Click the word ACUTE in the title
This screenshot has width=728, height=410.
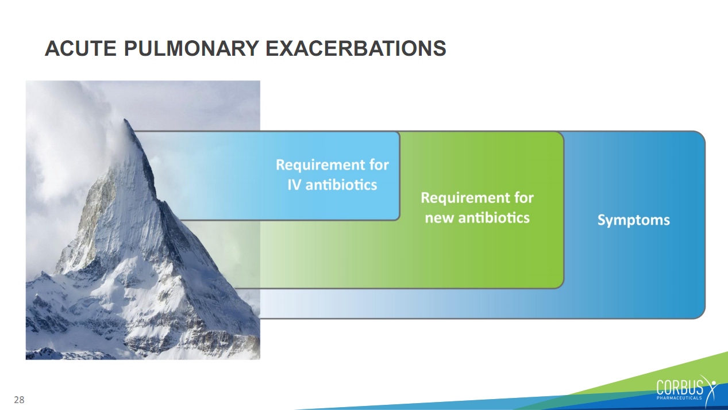pos(80,48)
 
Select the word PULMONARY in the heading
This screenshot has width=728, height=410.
pos(191,48)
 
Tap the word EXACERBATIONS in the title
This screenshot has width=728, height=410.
pos(356,48)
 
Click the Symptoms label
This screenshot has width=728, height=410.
pos(633,220)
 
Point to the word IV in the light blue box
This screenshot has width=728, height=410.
pos(294,185)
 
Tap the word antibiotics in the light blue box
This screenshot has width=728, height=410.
pos(341,185)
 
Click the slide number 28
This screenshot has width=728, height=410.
pos(19,400)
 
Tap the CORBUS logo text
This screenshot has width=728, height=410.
pos(679,388)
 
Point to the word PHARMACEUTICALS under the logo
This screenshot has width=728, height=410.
pos(679,398)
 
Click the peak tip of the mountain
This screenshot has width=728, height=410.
pos(125,120)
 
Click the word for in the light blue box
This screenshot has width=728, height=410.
pos(379,165)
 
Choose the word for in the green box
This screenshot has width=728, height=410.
pos(524,198)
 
